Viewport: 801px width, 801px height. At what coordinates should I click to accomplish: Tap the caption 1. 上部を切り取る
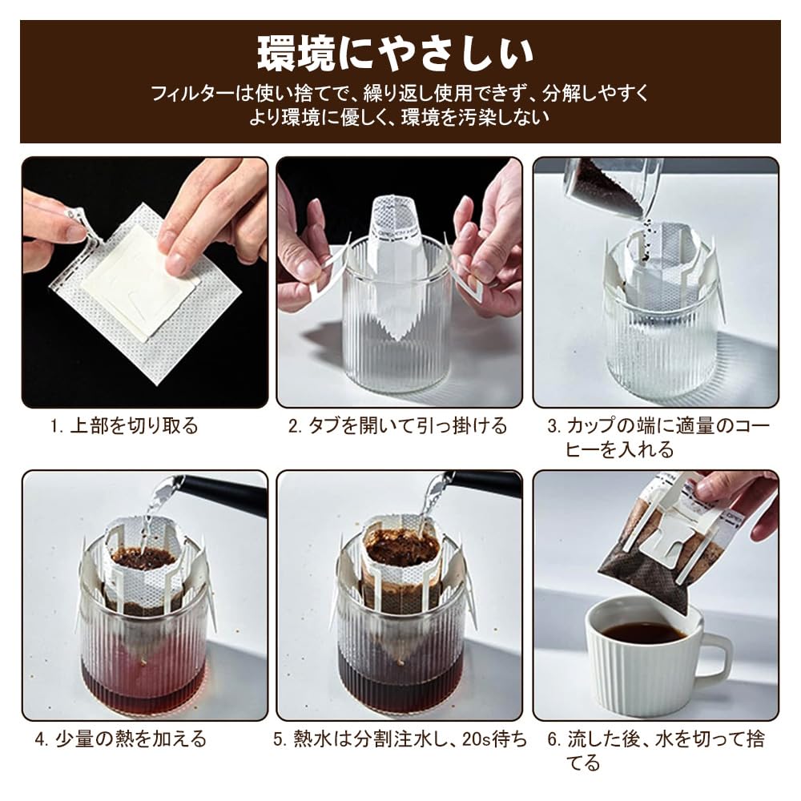(124, 426)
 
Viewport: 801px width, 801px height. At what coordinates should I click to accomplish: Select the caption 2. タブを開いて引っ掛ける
(398, 426)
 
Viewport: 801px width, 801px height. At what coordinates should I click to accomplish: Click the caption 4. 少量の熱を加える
(120, 739)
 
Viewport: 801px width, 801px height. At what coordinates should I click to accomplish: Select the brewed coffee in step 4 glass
(144, 677)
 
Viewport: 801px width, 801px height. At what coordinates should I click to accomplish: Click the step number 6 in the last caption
(553, 739)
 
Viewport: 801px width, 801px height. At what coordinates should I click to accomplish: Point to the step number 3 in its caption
(553, 426)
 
